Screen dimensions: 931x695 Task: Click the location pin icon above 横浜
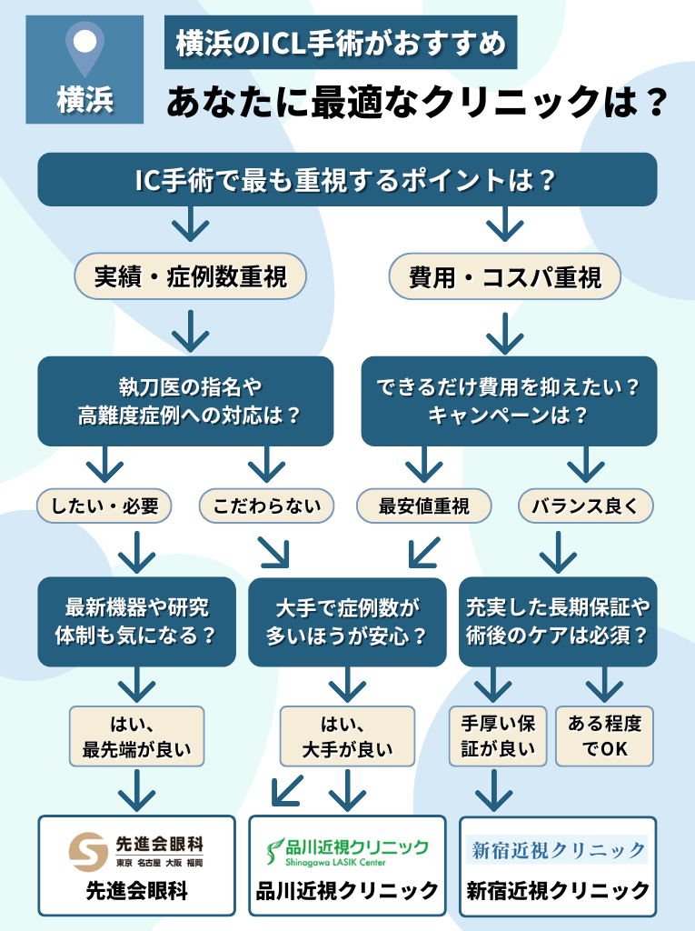click(84, 47)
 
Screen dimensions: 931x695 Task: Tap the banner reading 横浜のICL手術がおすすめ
click(341, 43)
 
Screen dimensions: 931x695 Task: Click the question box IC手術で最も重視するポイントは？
click(346, 179)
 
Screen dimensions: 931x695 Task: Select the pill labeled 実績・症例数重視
click(191, 275)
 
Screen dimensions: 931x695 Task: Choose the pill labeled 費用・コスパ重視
click(504, 275)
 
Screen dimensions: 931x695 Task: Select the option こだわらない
click(266, 506)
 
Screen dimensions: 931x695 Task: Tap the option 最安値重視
click(424, 506)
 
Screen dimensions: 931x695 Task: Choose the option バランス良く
click(586, 506)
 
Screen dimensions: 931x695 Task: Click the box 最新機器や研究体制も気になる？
click(136, 622)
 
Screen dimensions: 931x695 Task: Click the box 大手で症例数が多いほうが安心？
click(347, 622)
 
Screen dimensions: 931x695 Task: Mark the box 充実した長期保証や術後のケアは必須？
click(558, 622)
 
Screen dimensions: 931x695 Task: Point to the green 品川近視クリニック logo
click(347, 851)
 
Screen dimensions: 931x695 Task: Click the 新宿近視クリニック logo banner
click(558, 850)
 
